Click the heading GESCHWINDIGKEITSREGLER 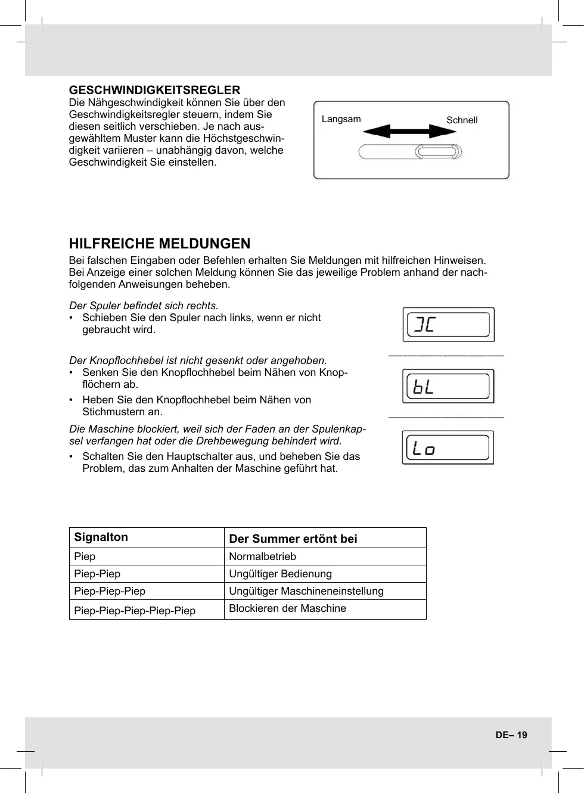[154, 90]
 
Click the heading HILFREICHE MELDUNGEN [160, 244]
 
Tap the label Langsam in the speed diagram [341, 119]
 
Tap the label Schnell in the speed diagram [462, 120]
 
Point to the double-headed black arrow [409, 131]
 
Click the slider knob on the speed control [439, 152]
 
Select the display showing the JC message [448, 325]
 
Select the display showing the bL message [448, 387]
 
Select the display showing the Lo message [448, 447]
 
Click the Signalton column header [101, 537]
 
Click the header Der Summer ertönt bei [293, 539]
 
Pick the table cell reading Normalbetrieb [262, 556]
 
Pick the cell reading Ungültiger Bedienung [280, 574]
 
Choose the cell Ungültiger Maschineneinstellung [306, 591]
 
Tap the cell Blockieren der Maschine [287, 608]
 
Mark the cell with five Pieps [135, 611]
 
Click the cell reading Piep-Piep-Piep [110, 591]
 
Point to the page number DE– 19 [511, 735]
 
